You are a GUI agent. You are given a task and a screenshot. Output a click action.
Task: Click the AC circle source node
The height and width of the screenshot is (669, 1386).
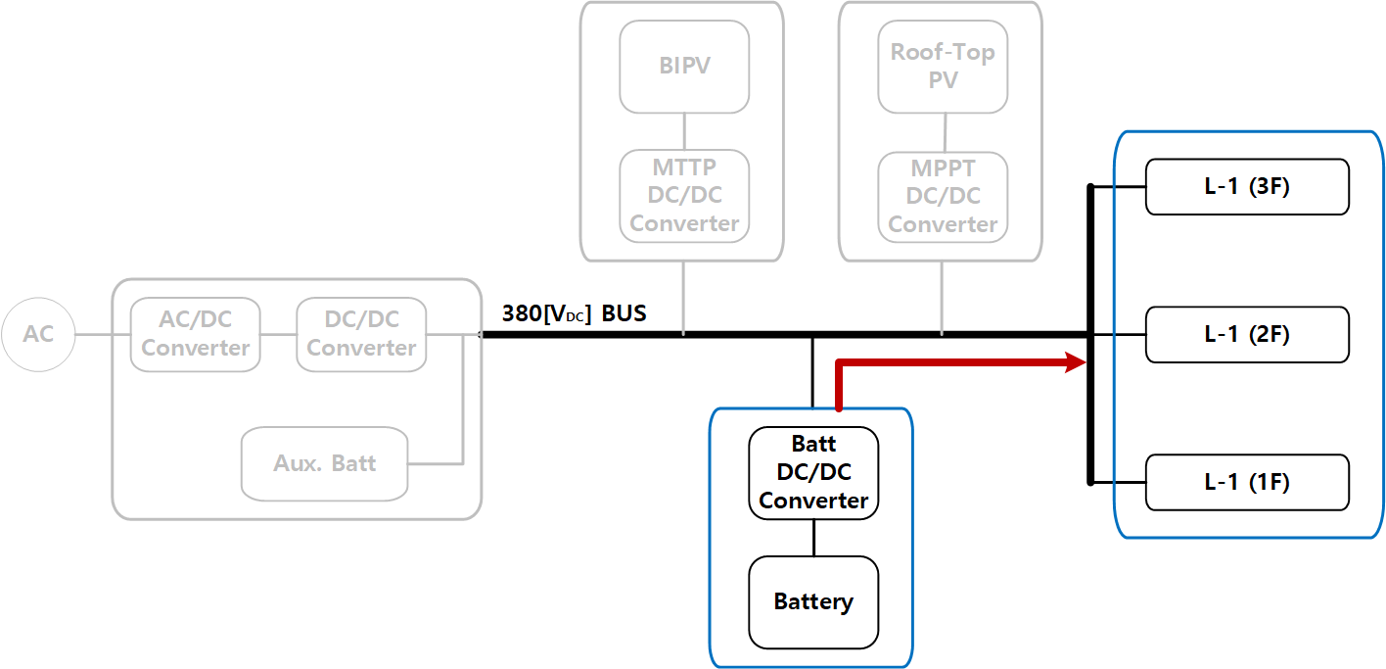(x=38, y=335)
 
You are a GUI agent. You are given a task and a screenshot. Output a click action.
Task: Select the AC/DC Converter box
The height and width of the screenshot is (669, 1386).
(x=196, y=335)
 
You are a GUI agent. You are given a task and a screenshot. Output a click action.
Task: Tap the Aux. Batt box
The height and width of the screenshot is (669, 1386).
(x=324, y=463)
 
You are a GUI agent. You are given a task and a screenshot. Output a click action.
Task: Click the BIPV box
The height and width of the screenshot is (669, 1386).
(x=684, y=67)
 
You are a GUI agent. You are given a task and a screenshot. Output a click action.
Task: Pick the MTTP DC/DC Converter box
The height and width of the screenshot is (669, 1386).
(x=684, y=196)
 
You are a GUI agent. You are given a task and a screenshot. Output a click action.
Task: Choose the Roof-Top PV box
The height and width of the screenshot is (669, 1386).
(x=943, y=67)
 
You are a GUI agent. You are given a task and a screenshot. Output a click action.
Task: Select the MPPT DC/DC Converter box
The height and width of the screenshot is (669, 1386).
(x=943, y=197)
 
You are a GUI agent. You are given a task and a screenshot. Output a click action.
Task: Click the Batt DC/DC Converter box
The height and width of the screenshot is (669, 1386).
(x=813, y=473)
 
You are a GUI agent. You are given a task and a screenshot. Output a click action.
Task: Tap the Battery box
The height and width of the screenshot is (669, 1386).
(x=813, y=602)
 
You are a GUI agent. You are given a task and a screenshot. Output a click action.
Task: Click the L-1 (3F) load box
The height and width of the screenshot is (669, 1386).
(x=1247, y=186)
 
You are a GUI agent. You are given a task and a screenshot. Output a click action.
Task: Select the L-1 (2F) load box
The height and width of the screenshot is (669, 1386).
(x=1247, y=334)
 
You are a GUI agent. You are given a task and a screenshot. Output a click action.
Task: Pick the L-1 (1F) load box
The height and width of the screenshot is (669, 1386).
(x=1247, y=482)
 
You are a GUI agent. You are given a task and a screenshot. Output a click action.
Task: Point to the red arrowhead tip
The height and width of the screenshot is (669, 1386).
(x=1086, y=363)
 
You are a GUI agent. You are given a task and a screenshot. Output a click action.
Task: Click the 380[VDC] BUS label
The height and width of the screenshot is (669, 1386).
(x=574, y=314)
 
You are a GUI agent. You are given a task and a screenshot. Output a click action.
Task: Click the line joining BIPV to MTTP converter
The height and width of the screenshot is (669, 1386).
(x=684, y=131)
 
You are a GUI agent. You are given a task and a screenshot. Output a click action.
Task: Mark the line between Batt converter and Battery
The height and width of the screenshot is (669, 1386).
(x=813, y=538)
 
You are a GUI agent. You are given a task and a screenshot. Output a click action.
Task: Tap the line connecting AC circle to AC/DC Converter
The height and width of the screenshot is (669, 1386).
(x=103, y=335)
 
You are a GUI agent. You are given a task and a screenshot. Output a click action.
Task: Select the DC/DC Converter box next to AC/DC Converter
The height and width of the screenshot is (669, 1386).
(x=361, y=335)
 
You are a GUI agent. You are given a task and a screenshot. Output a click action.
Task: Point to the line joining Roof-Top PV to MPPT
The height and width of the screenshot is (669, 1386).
(x=944, y=132)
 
